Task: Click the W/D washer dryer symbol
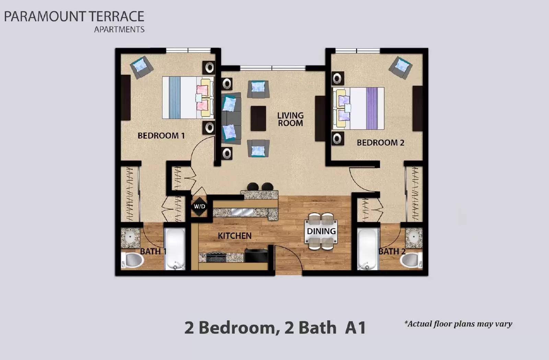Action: click(199, 206)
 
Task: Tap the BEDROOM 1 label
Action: click(161, 135)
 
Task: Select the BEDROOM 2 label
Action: click(380, 142)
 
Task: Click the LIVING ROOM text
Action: click(290, 119)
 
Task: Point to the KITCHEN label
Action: click(234, 236)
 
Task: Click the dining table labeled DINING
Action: click(321, 231)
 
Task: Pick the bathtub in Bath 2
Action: click(367, 248)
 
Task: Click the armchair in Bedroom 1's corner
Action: click(141, 67)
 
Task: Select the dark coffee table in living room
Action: click(258, 118)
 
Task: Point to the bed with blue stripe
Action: click(187, 97)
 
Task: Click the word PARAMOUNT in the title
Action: click(45, 16)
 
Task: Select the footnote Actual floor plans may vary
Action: click(458, 324)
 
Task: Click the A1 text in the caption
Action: click(355, 327)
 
